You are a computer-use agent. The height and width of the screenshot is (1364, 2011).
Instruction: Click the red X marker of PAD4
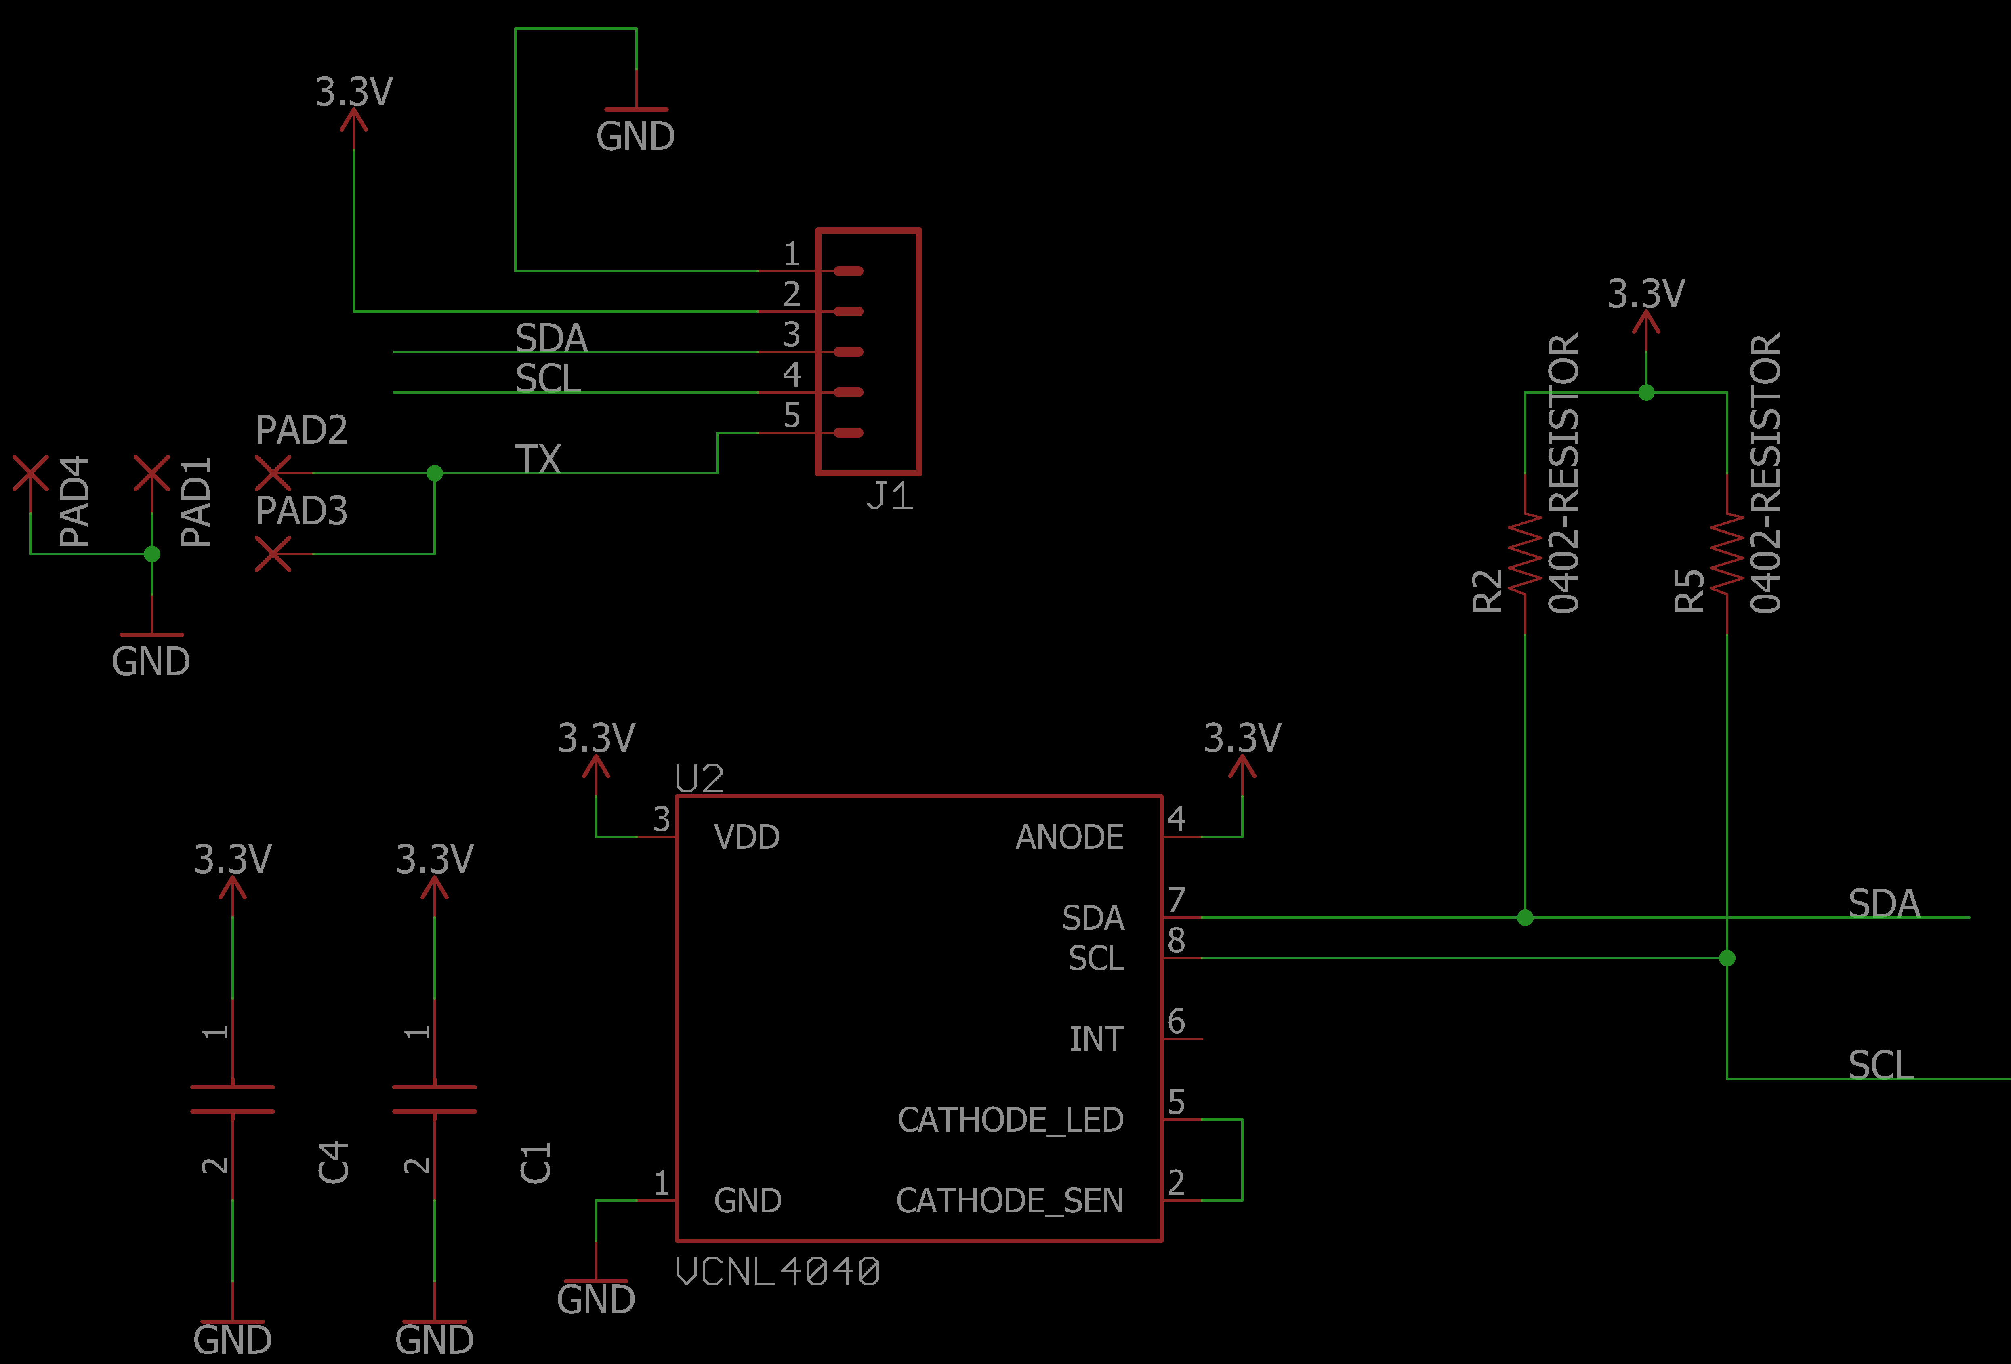pyautogui.click(x=30, y=474)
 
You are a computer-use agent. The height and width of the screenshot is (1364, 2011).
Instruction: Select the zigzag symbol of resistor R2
pyautogui.click(x=1525, y=554)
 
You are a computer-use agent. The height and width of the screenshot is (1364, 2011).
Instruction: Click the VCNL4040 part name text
pyautogui.click(x=777, y=1271)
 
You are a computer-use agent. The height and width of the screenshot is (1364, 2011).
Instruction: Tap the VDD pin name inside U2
pyautogui.click(x=747, y=837)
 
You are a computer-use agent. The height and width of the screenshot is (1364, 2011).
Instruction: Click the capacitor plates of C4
pyautogui.click(x=232, y=1099)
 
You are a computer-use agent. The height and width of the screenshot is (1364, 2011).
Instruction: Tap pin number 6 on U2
pyautogui.click(x=1176, y=1021)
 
